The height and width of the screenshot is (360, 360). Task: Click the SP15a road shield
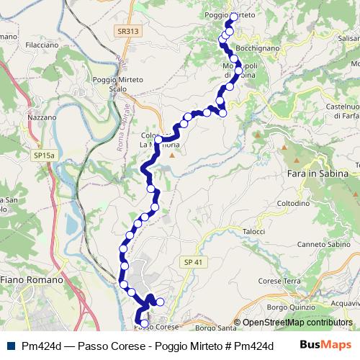(x=44, y=155)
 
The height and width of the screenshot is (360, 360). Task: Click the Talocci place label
(x=254, y=231)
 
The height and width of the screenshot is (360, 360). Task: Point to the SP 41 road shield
(x=190, y=262)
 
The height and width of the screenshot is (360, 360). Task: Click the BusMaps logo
(x=325, y=345)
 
